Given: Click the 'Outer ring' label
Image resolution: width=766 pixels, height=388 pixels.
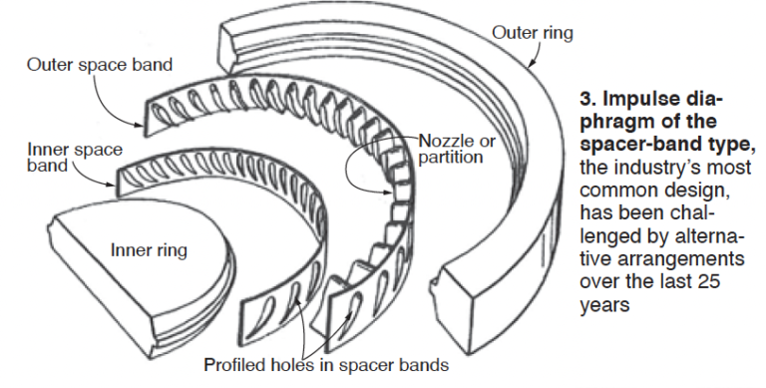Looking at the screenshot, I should [x=533, y=33].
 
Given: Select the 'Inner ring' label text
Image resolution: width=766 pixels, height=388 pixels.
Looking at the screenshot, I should [x=148, y=246].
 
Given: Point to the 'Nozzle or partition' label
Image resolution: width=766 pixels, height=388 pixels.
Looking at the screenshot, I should [x=456, y=149].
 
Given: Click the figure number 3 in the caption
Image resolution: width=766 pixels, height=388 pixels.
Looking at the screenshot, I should [x=585, y=102].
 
